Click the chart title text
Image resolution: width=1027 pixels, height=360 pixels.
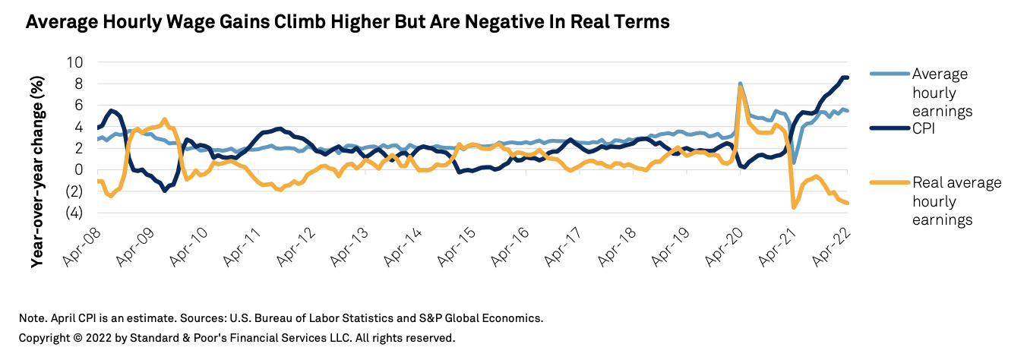[x=348, y=22]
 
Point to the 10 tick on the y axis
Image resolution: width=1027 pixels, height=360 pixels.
[x=75, y=62]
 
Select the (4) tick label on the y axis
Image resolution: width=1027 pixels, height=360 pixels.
[x=74, y=213]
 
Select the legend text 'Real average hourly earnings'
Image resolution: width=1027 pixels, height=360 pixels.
[x=956, y=201]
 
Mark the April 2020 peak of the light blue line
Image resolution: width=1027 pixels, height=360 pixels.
[x=740, y=84]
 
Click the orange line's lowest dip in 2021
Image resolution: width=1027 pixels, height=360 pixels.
[x=794, y=207]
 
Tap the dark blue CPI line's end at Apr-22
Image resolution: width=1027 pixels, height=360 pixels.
[x=847, y=77]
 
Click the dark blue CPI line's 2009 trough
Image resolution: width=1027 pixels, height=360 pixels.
[x=165, y=191]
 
